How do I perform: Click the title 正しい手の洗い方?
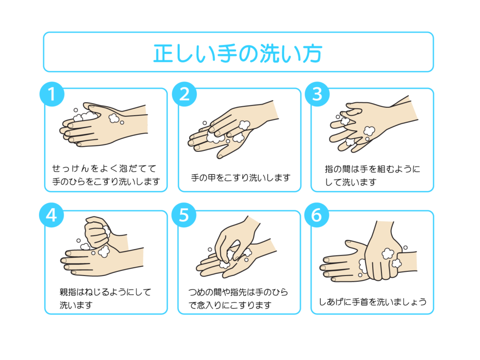(238, 53)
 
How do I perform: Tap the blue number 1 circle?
(52, 94)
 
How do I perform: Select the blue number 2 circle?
(184, 94)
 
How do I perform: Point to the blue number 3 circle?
(317, 94)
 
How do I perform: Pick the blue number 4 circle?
(52, 215)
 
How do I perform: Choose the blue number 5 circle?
(184, 215)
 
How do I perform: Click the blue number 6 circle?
(317, 215)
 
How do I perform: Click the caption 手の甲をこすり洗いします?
(240, 178)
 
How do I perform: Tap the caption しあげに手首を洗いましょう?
(373, 302)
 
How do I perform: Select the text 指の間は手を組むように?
(373, 169)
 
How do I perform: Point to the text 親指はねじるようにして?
(105, 292)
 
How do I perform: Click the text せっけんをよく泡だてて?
(104, 168)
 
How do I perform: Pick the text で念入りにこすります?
(230, 305)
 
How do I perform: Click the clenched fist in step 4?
(97, 232)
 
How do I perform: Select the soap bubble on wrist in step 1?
(114, 118)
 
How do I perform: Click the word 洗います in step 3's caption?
(359, 182)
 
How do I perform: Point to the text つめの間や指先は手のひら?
(238, 292)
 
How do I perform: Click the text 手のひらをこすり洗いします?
(106, 181)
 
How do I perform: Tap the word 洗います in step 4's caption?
(76, 305)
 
